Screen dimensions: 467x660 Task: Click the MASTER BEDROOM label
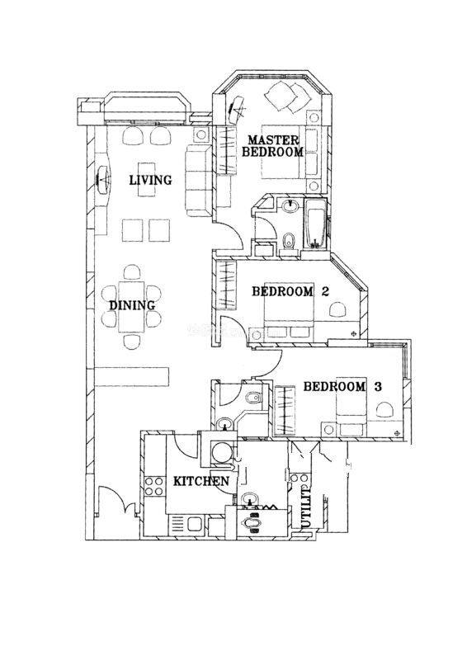(272, 146)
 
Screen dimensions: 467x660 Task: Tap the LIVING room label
(150, 180)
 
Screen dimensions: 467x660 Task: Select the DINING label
(132, 305)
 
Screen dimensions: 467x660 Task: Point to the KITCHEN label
(201, 481)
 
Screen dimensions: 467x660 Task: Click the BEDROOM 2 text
(290, 291)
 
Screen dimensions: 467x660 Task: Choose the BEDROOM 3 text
(342, 386)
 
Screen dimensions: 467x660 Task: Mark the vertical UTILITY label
(306, 507)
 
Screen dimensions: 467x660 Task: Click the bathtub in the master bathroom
(314, 223)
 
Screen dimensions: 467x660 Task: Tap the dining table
(132, 306)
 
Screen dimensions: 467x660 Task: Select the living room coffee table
(146, 180)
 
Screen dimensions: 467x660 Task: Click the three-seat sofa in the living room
(198, 180)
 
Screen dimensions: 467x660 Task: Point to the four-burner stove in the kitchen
(153, 486)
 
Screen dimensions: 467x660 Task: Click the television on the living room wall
(103, 180)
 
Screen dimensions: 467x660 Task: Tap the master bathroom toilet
(289, 242)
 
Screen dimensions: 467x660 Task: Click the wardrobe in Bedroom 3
(285, 410)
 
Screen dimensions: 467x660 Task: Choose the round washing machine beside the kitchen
(221, 452)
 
